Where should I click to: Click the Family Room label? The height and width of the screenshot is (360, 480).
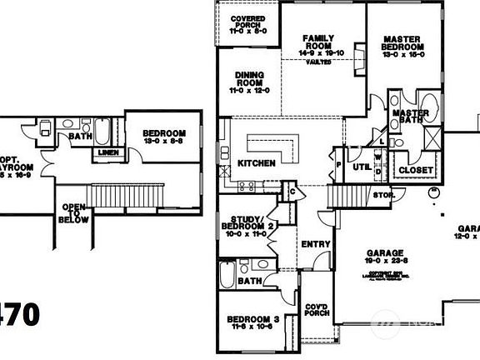(x=318, y=44)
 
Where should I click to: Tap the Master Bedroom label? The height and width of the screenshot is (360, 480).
(x=407, y=44)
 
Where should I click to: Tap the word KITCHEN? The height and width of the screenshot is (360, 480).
(x=256, y=163)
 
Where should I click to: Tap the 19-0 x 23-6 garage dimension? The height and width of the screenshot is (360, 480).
(x=385, y=262)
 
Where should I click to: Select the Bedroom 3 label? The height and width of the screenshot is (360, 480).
(x=252, y=320)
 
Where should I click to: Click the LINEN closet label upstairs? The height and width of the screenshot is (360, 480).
(x=107, y=152)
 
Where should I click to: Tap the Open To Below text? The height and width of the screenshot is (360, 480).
(x=73, y=213)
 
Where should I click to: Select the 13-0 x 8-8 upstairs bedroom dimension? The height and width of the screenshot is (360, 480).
(x=163, y=142)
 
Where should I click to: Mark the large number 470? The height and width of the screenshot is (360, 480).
(x=19, y=314)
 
